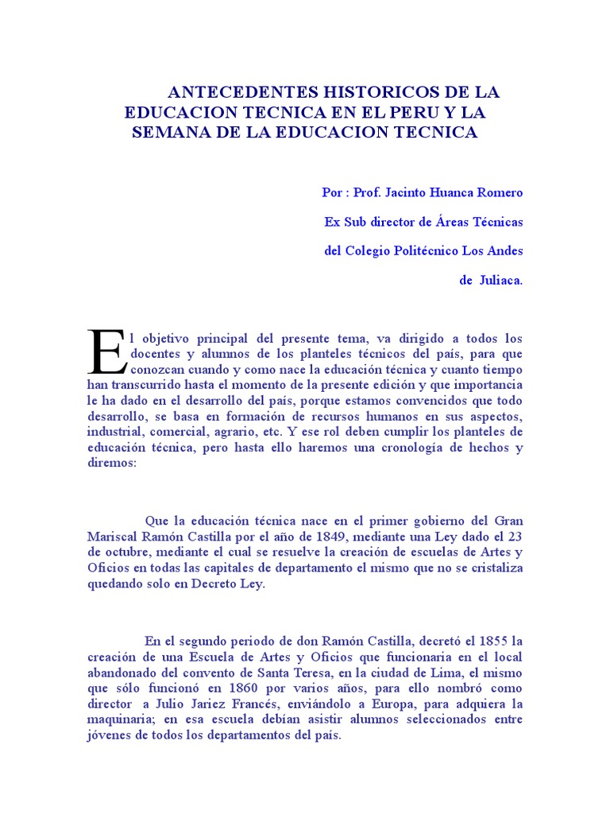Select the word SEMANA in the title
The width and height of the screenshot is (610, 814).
168,132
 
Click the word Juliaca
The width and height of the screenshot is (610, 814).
500,280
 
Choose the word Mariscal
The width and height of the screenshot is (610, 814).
112,537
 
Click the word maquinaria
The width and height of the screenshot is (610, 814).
118,719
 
